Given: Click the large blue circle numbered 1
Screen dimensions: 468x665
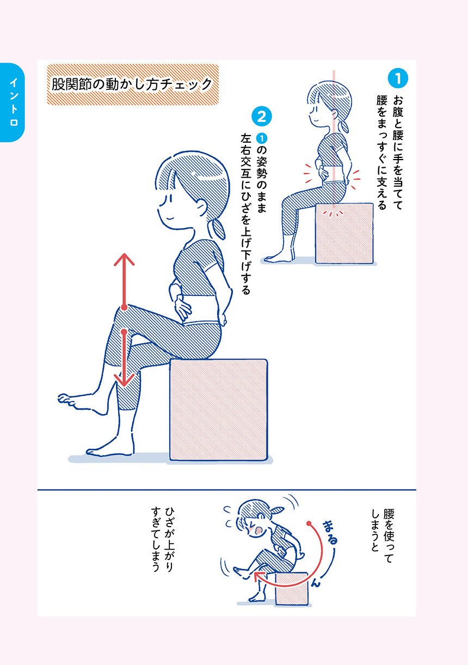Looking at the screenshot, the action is (x=398, y=78).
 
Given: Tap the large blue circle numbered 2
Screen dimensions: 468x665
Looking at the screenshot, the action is (x=262, y=117).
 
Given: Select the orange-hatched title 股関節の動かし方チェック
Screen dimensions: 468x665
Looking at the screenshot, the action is (x=133, y=84).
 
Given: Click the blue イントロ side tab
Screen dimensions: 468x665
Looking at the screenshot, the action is (x=12, y=102).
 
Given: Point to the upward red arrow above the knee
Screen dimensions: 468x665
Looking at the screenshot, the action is (x=124, y=280).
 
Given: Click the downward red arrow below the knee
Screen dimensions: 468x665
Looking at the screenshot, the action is (x=124, y=358).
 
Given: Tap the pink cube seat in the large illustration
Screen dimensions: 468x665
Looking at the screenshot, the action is (x=219, y=410).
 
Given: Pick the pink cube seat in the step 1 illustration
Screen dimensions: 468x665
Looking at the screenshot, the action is (x=344, y=233).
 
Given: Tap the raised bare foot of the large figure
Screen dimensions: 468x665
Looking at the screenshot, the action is (x=82, y=402).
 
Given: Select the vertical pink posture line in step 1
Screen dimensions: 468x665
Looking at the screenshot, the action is (x=334, y=139).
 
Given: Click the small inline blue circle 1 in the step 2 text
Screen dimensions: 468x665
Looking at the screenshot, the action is (x=262, y=138).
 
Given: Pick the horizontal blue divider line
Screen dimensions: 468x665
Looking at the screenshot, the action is (x=226, y=490).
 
